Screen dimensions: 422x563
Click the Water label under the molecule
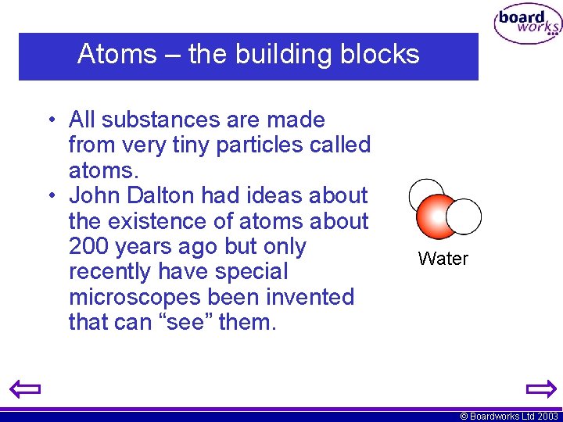443,259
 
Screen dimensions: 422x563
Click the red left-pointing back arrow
25,388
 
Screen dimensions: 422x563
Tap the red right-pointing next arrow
540,388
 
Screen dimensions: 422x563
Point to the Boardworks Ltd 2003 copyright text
509,417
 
